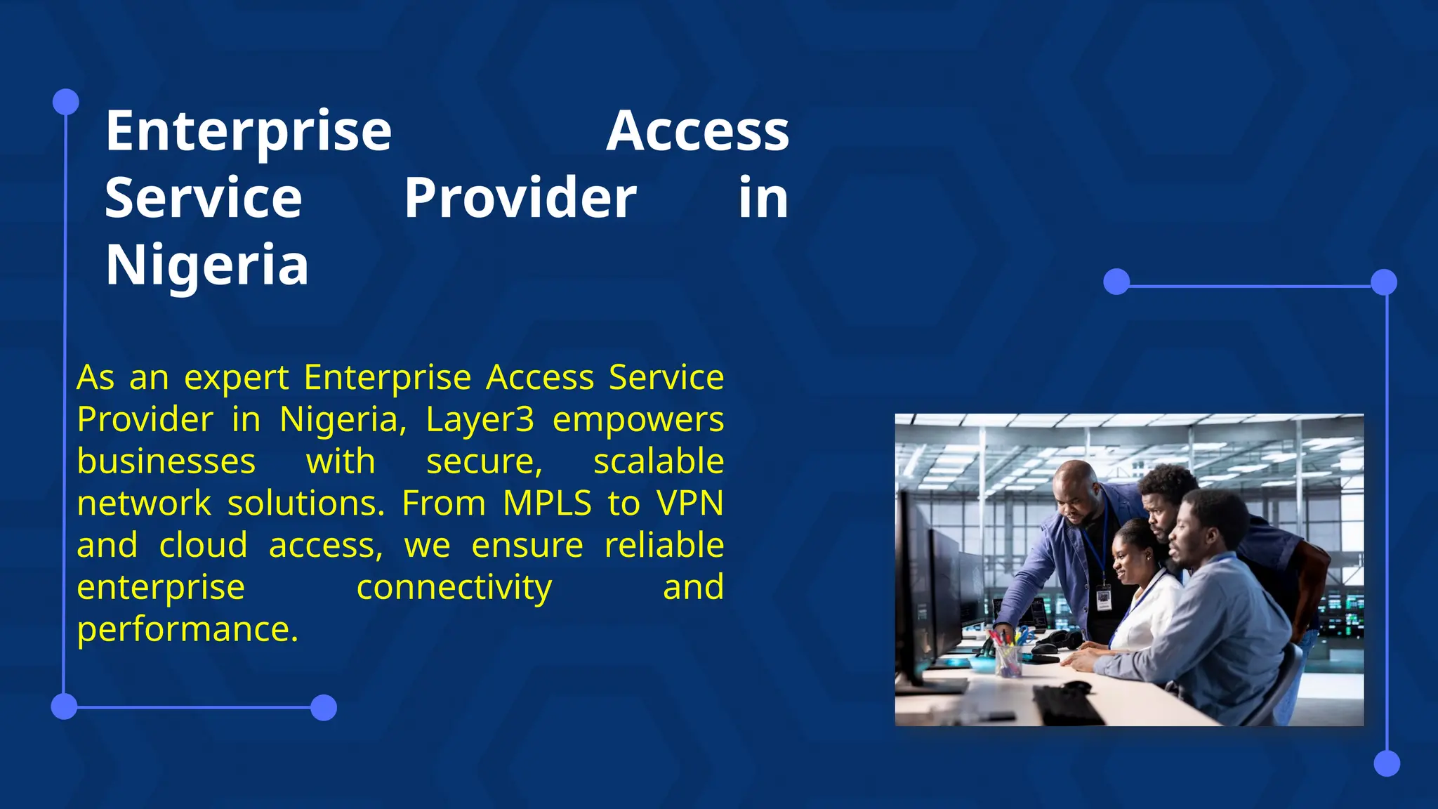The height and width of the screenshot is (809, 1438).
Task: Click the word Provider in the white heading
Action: (520, 198)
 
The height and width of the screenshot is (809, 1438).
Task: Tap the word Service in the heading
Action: (204, 198)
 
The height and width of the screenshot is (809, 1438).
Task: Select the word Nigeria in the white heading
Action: (207, 265)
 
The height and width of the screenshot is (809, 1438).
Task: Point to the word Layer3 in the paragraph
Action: (480, 420)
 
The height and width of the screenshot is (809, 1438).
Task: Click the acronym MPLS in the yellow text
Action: (547, 504)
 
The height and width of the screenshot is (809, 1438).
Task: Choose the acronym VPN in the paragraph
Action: (690, 504)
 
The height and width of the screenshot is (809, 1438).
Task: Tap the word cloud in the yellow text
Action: (203, 546)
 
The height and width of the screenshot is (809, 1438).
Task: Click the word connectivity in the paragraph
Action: (454, 588)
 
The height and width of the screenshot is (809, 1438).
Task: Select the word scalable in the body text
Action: (658, 461)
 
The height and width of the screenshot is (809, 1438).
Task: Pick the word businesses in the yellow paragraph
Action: (166, 461)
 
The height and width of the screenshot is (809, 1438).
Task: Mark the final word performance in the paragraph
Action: (187, 630)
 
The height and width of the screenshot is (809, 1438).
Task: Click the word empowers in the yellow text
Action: (638, 420)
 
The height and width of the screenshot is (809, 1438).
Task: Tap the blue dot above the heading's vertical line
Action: (66, 102)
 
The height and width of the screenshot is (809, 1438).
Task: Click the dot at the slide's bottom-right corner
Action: (1386, 763)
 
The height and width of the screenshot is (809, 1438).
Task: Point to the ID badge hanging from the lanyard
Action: (1104, 599)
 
